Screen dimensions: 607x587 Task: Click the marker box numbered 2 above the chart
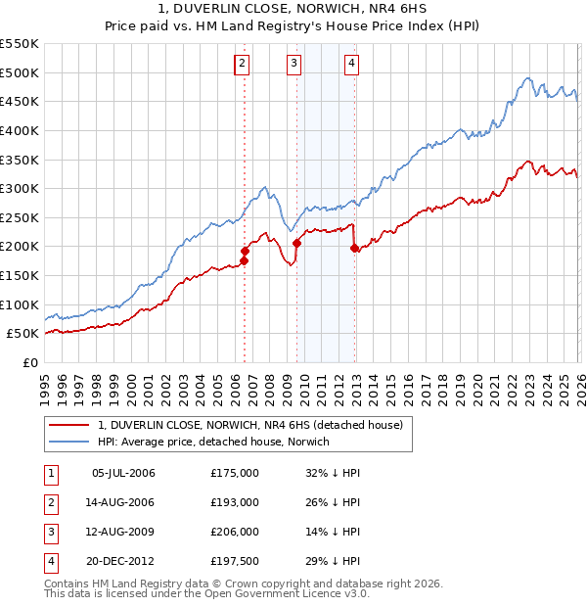242,65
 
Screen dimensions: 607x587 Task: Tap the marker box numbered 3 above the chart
294,65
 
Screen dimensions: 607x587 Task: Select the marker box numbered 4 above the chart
351,65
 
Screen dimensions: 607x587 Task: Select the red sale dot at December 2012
354,248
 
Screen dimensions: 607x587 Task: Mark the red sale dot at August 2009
296,243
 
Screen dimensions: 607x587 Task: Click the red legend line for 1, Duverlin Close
69,425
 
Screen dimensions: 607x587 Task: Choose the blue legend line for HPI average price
69,442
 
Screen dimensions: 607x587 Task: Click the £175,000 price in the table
235,473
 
